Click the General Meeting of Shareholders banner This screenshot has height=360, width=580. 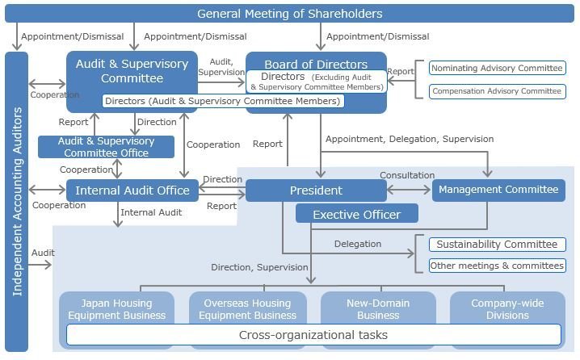click(289, 14)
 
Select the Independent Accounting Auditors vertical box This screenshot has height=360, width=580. click(16, 202)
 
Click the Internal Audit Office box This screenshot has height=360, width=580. click(132, 191)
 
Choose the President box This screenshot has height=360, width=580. click(316, 190)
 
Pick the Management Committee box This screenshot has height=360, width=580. click(498, 190)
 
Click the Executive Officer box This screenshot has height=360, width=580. click(356, 214)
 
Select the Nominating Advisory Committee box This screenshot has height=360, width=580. click(497, 69)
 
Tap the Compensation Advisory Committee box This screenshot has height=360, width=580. click(497, 91)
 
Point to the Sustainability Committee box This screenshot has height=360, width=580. click(497, 244)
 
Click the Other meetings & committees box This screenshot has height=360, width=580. click(497, 266)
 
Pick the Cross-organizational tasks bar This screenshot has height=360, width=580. click(313, 335)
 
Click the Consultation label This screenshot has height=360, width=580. click(407, 175)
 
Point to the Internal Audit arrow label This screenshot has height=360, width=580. click(151, 213)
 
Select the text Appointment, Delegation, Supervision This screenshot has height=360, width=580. click(409, 139)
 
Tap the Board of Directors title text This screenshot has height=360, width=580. click(317, 64)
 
